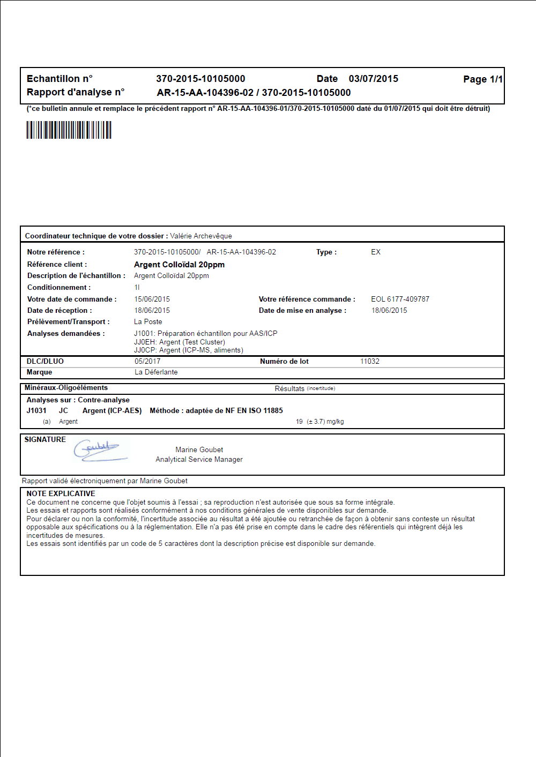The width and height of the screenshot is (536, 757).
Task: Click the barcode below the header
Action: click(x=69, y=130)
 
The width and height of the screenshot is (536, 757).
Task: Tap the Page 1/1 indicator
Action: click(x=482, y=79)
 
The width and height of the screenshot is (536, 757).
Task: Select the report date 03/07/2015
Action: click(x=373, y=79)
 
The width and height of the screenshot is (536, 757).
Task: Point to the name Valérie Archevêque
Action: click(x=201, y=236)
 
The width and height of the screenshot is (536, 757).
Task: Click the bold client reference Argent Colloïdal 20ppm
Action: click(x=179, y=265)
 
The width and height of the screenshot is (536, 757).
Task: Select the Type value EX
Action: click(x=376, y=252)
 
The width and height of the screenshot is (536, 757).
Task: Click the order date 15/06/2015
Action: click(x=152, y=299)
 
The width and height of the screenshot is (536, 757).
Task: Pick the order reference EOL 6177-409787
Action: click(x=400, y=299)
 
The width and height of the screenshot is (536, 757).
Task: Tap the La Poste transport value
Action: click(x=148, y=321)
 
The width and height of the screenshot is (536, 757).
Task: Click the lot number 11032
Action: click(x=370, y=361)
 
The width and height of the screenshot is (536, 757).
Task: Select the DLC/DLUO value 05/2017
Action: click(x=147, y=361)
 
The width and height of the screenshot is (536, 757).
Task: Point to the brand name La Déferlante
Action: click(x=156, y=372)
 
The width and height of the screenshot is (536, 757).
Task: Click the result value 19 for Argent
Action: click(x=299, y=422)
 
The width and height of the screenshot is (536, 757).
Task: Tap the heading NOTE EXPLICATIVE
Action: click(x=61, y=493)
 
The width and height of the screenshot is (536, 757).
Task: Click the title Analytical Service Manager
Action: click(x=199, y=459)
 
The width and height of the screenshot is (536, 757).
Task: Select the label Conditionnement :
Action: click(x=59, y=287)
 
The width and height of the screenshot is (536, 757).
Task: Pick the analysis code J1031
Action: click(x=36, y=410)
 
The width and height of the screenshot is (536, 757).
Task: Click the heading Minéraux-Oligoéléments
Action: click(x=66, y=387)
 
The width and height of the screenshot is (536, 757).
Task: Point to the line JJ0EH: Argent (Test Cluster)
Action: click(x=180, y=342)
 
